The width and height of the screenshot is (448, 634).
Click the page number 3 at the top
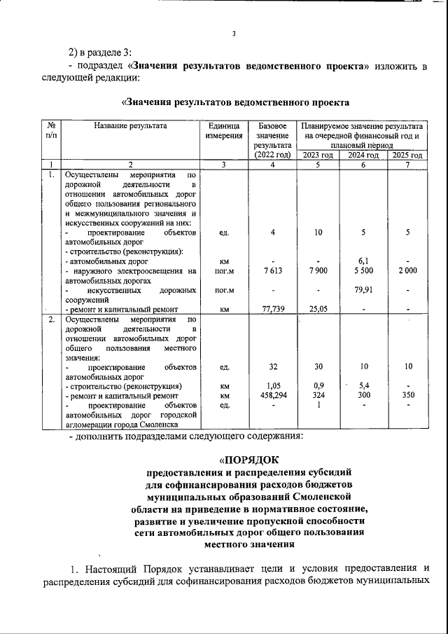[x=234, y=33]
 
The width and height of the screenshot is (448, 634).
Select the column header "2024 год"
[x=363, y=155]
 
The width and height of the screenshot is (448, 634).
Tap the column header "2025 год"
[x=407, y=155]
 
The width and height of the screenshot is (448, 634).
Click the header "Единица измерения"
[x=223, y=130]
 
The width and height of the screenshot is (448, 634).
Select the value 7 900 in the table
[x=318, y=271]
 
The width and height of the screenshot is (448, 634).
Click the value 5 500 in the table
[x=363, y=271]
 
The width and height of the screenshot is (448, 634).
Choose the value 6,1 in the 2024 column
[x=363, y=261]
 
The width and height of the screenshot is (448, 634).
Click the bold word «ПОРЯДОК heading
[x=248, y=460]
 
